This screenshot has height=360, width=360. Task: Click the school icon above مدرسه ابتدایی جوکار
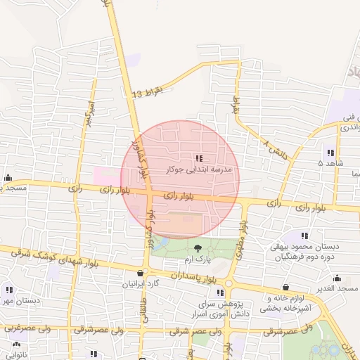(x=198, y=158)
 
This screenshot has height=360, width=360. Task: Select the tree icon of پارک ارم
(x=197, y=248)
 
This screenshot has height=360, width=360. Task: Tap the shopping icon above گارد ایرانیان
(x=141, y=274)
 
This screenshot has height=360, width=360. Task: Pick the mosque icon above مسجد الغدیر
(x=336, y=277)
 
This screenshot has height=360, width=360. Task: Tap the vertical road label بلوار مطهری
(x=241, y=240)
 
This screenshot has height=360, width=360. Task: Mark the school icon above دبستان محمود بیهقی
(x=304, y=236)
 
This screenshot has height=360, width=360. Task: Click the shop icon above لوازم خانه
(x=285, y=287)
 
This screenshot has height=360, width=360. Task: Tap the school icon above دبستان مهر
(x=9, y=290)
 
